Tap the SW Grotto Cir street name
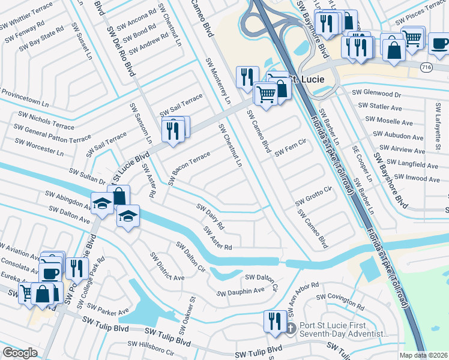[x=314, y=197]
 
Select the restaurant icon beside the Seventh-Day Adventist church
[x=273, y=320]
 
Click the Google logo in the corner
[x=20, y=353]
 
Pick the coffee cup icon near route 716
[x=439, y=43]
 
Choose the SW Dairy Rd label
[x=210, y=217]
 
